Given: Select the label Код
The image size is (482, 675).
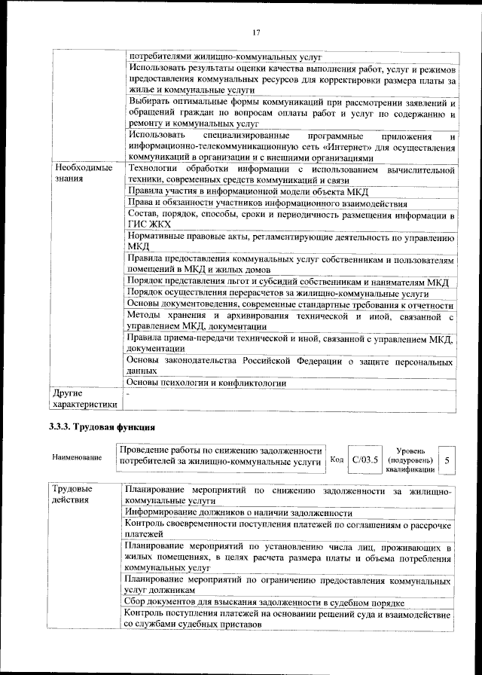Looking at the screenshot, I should tap(337, 459).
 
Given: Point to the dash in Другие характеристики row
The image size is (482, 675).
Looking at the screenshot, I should tap(129, 394).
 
